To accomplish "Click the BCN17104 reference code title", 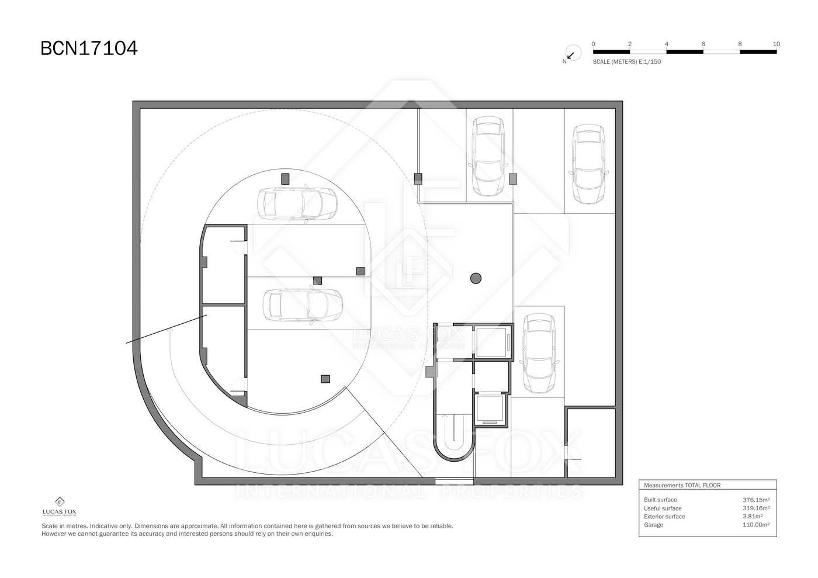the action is (x=89, y=49).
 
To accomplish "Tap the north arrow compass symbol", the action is (x=573, y=53).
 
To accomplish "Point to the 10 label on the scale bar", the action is (x=777, y=44).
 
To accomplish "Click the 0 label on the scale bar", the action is (x=593, y=44).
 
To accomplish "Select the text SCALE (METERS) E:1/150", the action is (x=626, y=62).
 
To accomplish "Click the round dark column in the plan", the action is (x=476, y=278).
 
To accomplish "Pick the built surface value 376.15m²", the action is (x=756, y=500).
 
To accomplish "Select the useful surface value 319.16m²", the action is (x=756, y=508).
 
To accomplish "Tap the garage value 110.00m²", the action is (x=756, y=525).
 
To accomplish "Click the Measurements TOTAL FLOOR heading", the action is (x=682, y=485).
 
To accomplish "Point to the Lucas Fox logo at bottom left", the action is (x=60, y=507).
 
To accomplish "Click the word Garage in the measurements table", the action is (x=653, y=525).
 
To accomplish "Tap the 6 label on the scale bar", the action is (x=703, y=44).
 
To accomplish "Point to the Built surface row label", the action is (x=660, y=500).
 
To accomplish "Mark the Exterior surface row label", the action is (x=664, y=516).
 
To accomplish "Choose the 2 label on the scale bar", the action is (x=630, y=44).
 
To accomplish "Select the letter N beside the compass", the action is (x=564, y=61).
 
